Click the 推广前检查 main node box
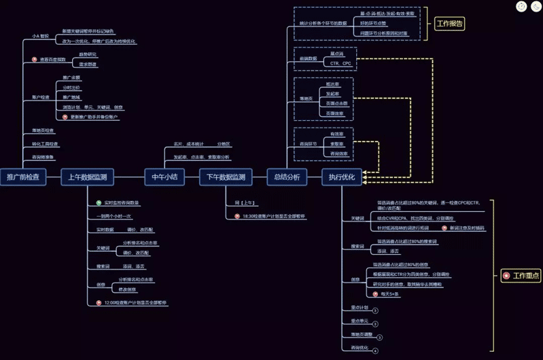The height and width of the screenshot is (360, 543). (23, 177)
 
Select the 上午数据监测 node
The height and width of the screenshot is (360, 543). (87, 177)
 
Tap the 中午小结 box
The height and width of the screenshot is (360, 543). (164, 177)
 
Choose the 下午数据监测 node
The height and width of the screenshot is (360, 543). (226, 177)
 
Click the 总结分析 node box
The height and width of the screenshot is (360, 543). (287, 177)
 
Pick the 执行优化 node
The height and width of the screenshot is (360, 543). (342, 177)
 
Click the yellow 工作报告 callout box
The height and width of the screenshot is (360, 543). (450, 24)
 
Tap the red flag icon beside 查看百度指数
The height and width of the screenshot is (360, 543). (35, 60)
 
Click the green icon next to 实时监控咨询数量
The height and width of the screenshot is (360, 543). (99, 202)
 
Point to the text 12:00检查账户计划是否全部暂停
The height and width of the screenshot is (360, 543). (135, 302)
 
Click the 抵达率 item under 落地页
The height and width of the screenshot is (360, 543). (332, 84)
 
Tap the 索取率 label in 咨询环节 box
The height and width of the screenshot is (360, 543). (336, 144)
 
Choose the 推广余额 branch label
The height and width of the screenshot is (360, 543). (71, 78)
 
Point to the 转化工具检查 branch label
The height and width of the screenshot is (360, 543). (46, 144)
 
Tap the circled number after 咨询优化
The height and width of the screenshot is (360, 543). (375, 350)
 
